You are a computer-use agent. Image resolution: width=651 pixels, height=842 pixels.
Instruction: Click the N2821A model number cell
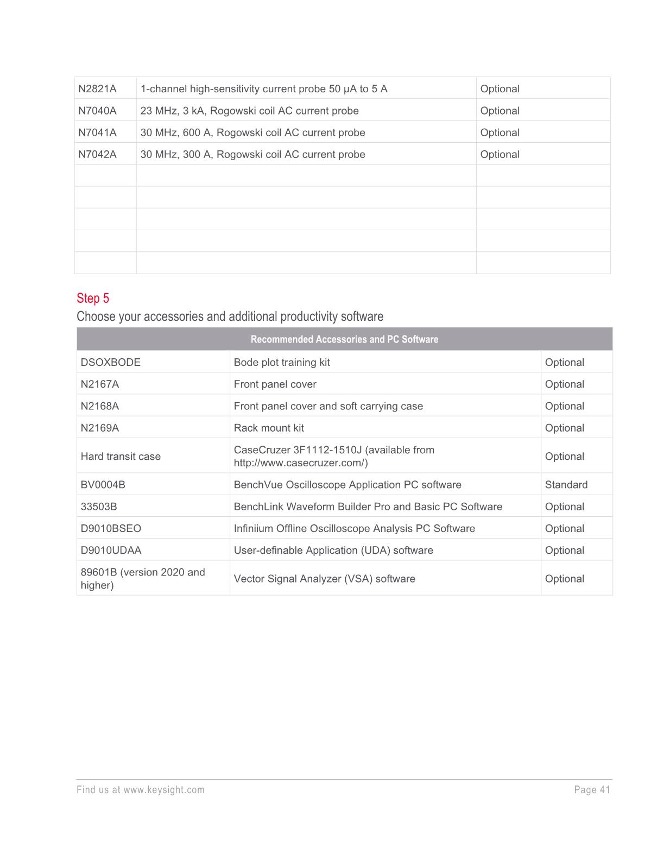[97, 88]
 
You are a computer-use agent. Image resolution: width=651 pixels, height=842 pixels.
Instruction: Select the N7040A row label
[97, 111]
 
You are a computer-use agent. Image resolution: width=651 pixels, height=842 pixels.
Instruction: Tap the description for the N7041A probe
[252, 132]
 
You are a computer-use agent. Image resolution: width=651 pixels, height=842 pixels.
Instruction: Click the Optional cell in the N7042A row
[500, 154]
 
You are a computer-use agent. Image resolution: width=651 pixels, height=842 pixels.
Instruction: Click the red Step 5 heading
[93, 298]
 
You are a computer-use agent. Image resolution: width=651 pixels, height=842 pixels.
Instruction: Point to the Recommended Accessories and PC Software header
[344, 339]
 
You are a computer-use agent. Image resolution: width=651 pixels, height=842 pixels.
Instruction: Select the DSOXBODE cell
[110, 362]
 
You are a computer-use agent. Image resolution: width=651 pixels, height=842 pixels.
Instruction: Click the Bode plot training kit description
[281, 362]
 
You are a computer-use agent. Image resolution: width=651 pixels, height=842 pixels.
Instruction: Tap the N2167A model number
[99, 384]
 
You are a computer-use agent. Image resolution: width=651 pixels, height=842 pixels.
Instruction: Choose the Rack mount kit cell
[269, 428]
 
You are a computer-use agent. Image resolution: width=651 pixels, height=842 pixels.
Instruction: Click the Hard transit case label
[121, 457]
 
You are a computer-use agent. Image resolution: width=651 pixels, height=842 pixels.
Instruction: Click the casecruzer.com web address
[301, 463]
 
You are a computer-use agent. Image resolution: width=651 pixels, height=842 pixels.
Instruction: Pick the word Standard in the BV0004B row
[566, 485]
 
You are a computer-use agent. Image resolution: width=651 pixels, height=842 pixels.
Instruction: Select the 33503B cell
[99, 507]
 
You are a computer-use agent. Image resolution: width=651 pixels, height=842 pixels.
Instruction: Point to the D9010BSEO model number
[111, 528]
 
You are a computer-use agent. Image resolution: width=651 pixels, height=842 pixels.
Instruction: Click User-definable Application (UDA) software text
[333, 550]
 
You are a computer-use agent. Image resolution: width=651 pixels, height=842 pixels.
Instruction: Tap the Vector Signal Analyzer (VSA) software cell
[324, 579]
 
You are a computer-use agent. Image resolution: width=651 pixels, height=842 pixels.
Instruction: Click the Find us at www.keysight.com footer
[141, 790]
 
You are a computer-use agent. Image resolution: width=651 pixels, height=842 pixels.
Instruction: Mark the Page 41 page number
[592, 790]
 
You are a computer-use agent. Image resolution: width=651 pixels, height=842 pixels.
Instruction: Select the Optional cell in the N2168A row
[564, 406]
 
